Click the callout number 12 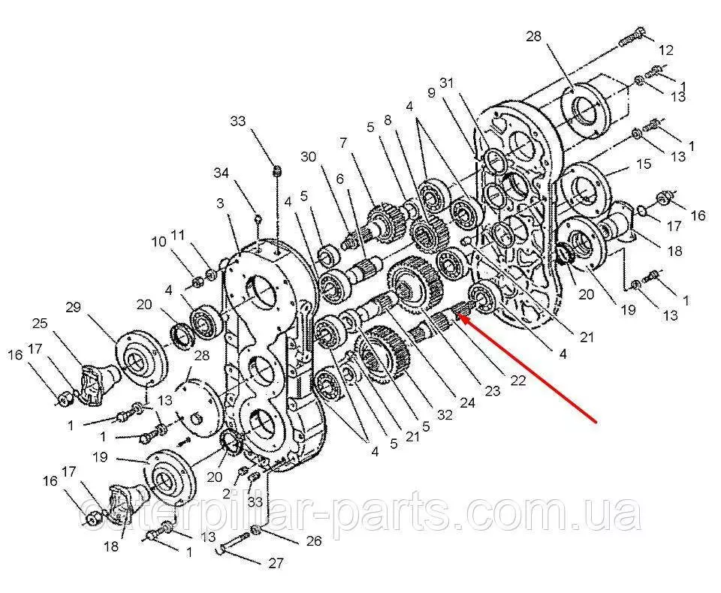(x=666, y=50)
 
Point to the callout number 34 (x=221, y=173)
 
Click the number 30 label (x=309, y=157)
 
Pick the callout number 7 (x=342, y=143)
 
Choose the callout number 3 (x=220, y=203)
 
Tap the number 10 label (x=159, y=242)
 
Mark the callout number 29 (x=73, y=307)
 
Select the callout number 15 (x=644, y=164)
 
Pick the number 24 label (x=467, y=403)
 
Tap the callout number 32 (x=445, y=414)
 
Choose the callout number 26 (x=314, y=541)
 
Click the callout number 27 (x=276, y=563)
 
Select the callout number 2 (x=226, y=494)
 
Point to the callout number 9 (x=431, y=93)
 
